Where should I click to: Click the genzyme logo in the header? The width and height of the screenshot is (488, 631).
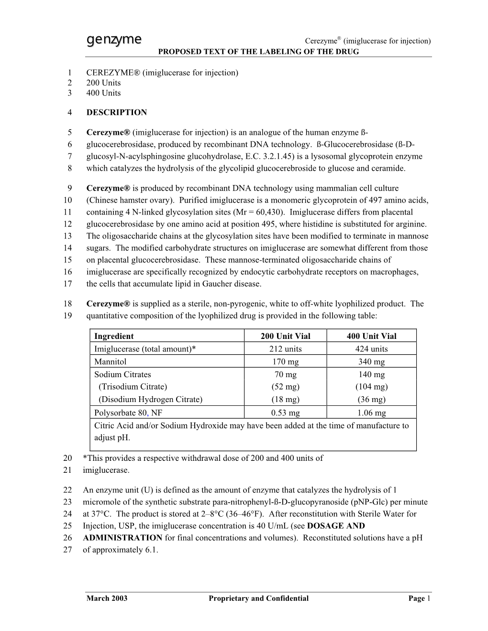114,39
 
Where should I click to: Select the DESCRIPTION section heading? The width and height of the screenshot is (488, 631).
117,112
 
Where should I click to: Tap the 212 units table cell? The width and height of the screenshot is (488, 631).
286,349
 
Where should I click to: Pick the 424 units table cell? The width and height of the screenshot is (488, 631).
372,349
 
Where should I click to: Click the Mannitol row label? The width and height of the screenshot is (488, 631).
111,362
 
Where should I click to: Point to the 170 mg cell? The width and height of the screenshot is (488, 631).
286,362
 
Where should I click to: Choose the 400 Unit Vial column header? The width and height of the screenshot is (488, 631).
372,336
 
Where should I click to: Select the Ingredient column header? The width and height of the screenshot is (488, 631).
114,336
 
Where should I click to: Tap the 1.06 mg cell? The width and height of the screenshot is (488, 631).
372,413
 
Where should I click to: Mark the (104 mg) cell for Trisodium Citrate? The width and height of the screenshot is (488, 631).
372,387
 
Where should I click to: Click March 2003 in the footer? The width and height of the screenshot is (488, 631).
107,598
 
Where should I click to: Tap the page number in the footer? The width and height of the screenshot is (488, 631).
429,598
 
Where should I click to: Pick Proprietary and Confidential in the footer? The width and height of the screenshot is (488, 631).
258,598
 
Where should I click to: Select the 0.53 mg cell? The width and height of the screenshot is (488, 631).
286,413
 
